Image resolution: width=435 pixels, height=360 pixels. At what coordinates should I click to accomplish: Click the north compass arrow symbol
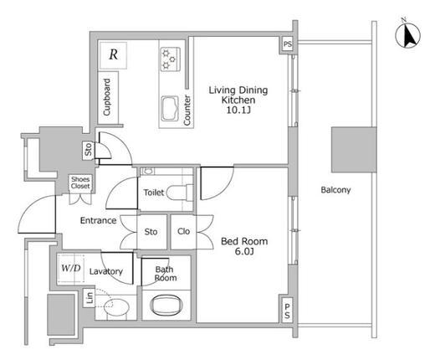tap(408, 35)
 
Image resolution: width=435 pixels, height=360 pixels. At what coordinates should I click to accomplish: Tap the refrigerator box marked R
tap(113, 55)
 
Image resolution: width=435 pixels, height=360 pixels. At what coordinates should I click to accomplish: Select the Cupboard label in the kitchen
tap(107, 97)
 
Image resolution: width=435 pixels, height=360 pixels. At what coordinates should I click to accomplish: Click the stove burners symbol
tap(170, 59)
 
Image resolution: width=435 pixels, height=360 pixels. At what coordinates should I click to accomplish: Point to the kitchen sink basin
tap(170, 109)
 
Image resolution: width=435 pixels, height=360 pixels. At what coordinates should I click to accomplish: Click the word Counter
tap(187, 111)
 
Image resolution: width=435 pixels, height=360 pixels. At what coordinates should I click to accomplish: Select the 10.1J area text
tap(238, 111)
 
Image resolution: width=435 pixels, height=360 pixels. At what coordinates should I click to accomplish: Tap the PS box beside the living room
tap(288, 44)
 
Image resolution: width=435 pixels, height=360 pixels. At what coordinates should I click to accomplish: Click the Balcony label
tap(335, 190)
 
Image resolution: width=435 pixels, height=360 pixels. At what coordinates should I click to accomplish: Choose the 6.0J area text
tap(244, 252)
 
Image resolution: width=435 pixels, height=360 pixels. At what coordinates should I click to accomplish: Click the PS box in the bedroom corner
tap(287, 311)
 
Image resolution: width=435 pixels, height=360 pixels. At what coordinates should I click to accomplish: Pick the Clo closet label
tap(184, 231)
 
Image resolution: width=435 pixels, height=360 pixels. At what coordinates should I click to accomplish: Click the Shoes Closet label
tap(80, 183)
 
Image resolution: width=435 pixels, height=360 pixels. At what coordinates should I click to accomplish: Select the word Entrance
tap(98, 220)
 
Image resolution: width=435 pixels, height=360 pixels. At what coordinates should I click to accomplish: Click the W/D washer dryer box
tap(71, 269)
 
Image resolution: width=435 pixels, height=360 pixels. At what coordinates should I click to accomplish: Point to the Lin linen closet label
tap(90, 298)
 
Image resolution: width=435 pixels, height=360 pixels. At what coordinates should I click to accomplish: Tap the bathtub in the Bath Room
tap(166, 305)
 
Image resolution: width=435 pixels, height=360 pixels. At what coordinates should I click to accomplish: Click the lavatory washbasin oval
tap(116, 307)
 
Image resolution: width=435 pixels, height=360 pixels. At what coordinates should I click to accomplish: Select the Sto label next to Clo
tap(151, 232)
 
